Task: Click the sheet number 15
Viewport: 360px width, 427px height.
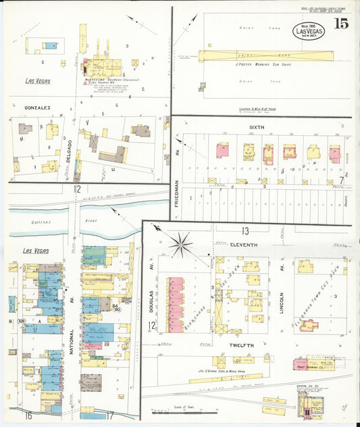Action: [x=340, y=24]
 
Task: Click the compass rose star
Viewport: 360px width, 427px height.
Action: [x=183, y=244]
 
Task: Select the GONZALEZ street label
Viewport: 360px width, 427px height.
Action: [x=38, y=107]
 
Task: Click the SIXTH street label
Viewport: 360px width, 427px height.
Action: [x=257, y=126]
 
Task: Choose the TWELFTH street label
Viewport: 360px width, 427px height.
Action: [x=240, y=345]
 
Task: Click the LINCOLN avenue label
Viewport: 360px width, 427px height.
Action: [x=282, y=295]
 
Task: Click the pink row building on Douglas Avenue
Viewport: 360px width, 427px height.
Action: [x=176, y=304]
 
